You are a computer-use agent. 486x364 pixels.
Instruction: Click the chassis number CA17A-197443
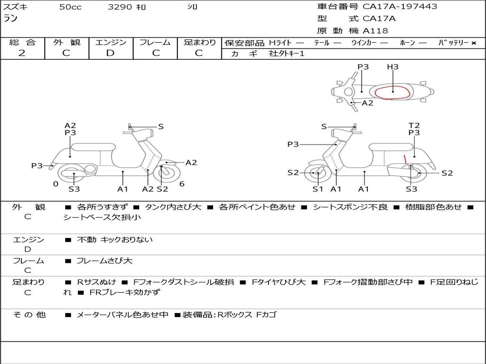(x=400, y=6)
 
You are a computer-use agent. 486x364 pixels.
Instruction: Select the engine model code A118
(x=375, y=31)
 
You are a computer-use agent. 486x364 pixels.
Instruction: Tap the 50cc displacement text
(x=70, y=7)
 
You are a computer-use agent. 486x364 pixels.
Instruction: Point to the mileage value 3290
(x=120, y=7)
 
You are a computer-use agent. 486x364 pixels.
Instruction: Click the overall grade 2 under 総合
(x=22, y=53)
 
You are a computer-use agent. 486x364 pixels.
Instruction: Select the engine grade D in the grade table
(x=110, y=53)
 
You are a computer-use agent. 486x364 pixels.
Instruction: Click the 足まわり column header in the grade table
(x=200, y=42)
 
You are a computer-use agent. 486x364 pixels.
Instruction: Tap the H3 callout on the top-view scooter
(x=393, y=66)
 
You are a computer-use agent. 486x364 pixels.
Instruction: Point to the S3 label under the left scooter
(x=74, y=189)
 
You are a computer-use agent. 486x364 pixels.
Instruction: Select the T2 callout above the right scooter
(x=414, y=125)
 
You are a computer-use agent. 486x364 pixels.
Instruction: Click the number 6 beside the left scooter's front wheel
(x=182, y=184)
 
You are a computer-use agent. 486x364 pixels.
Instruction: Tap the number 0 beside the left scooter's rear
(x=56, y=184)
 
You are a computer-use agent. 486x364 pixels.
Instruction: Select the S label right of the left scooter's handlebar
(x=160, y=126)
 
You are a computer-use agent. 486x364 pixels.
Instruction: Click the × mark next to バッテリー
(x=474, y=43)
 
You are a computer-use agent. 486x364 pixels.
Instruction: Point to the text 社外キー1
(x=287, y=54)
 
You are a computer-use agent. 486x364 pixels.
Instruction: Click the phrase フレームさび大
(x=104, y=261)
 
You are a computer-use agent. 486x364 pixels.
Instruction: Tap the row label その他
(x=29, y=315)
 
